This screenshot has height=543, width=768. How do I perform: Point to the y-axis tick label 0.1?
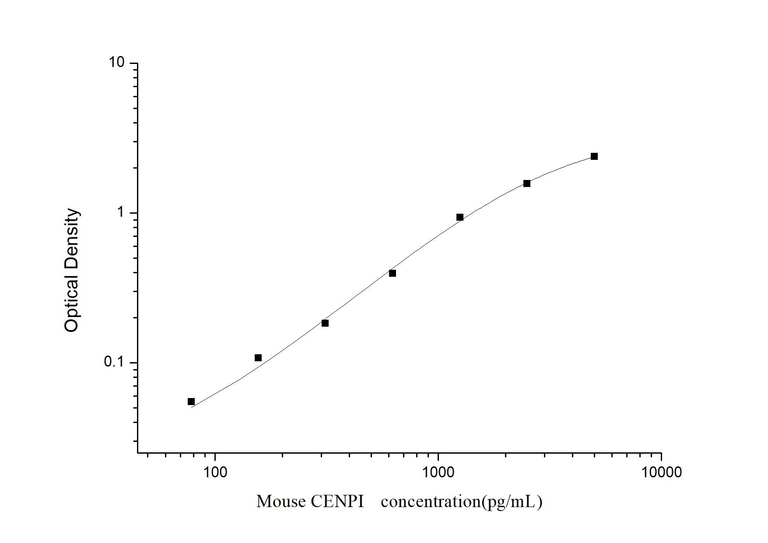tap(114, 362)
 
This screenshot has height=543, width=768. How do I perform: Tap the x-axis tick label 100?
tap(215, 472)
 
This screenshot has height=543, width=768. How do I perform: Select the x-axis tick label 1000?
tap(438, 472)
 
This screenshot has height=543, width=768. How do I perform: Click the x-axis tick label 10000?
tap(661, 472)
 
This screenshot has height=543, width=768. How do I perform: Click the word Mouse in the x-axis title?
tap(281, 501)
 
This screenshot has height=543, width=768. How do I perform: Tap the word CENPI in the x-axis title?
tap(337, 501)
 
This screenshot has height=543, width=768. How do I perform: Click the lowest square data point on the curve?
tap(191, 402)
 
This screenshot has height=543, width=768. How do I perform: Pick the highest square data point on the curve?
tap(594, 156)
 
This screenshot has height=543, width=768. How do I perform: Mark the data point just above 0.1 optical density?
tap(258, 358)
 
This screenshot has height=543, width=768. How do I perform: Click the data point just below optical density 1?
tap(460, 217)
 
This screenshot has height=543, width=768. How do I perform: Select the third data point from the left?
tap(325, 323)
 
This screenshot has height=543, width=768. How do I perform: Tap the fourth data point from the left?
tap(393, 273)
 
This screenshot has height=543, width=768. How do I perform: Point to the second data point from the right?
tap(527, 183)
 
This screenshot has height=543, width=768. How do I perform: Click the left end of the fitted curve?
tap(191, 407)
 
